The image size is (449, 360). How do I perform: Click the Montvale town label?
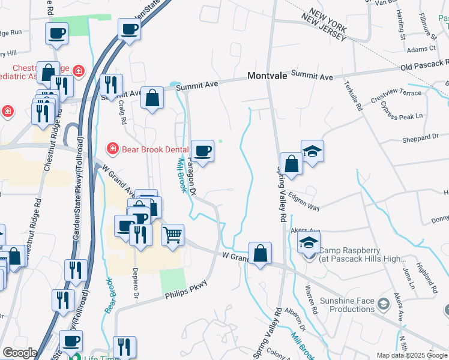(x=268, y=77)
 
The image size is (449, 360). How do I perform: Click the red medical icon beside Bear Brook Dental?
(x=112, y=148)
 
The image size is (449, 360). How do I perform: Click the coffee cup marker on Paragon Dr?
(x=202, y=151)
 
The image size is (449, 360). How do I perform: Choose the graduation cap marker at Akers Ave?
(x=309, y=242)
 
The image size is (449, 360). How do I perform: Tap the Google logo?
(x=20, y=353)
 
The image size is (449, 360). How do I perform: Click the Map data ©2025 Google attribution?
(x=411, y=355)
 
